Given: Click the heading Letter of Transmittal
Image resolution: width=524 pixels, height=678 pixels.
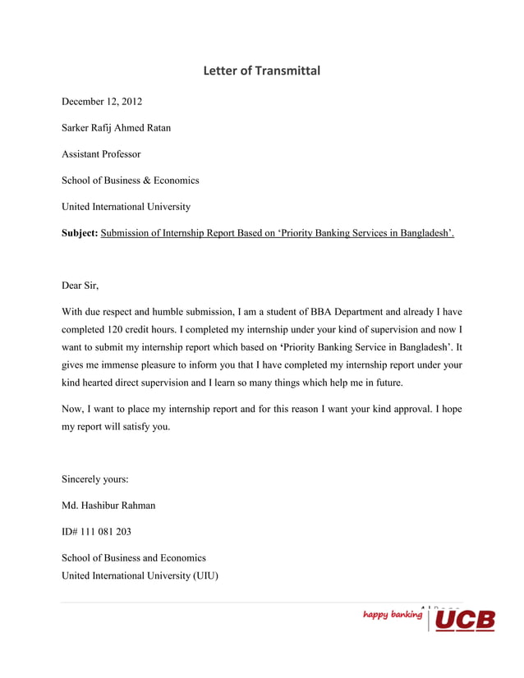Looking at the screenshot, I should pos(261,71).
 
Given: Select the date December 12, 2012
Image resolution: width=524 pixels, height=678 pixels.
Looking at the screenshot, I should pos(102,102).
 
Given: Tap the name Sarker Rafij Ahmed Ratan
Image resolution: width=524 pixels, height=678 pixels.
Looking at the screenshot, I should pos(117,128).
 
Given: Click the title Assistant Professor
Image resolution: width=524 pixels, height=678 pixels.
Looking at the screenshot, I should pos(101,154).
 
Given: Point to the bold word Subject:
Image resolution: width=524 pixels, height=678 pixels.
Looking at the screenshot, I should pos(80,233).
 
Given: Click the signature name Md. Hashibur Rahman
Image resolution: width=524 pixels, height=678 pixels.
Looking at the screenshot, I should pos(108,505).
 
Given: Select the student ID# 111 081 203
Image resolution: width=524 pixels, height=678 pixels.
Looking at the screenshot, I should pos(96,531).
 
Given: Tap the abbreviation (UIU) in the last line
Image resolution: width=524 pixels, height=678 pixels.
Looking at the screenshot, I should pos(205,575).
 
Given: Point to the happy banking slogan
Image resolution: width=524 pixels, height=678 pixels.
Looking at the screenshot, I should pos(393,614).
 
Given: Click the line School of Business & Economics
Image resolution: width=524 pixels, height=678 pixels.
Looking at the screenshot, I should pos(131,181).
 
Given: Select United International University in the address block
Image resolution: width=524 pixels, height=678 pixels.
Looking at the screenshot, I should pos(126,207).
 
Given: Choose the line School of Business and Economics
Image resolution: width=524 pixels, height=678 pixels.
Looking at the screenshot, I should pos(134,558).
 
